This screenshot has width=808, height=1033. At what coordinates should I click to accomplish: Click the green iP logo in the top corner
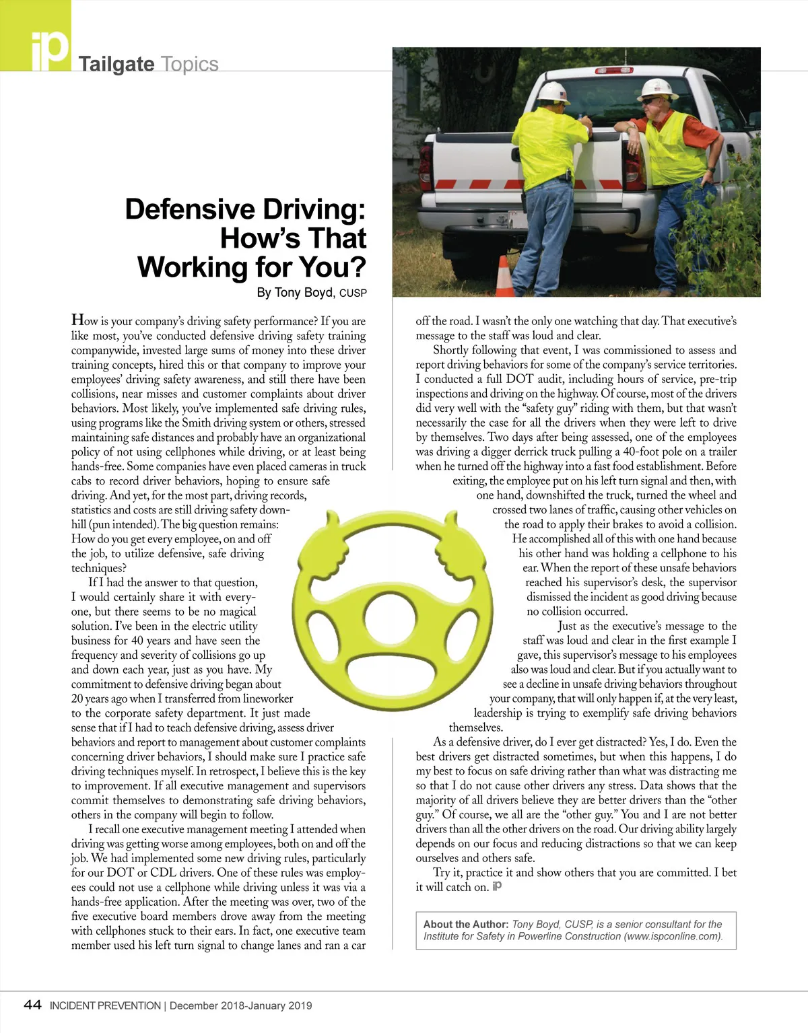click(x=40, y=40)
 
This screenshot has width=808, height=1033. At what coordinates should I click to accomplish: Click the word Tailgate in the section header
click(x=116, y=65)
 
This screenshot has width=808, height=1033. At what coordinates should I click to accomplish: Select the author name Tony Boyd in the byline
click(x=304, y=293)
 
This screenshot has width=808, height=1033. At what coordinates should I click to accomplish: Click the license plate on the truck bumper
click(x=516, y=220)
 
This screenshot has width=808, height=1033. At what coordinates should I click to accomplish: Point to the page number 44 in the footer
click(x=32, y=1005)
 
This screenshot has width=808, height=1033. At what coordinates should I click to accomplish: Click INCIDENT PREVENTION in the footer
click(x=105, y=1006)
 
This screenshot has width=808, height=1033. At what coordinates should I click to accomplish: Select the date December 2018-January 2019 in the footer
click(x=240, y=1006)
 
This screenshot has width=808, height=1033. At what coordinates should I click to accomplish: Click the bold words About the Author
click(x=465, y=925)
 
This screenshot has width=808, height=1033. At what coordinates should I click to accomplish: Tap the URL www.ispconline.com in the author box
click(x=673, y=937)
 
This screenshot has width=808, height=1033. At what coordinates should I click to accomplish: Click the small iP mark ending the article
click(x=497, y=886)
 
